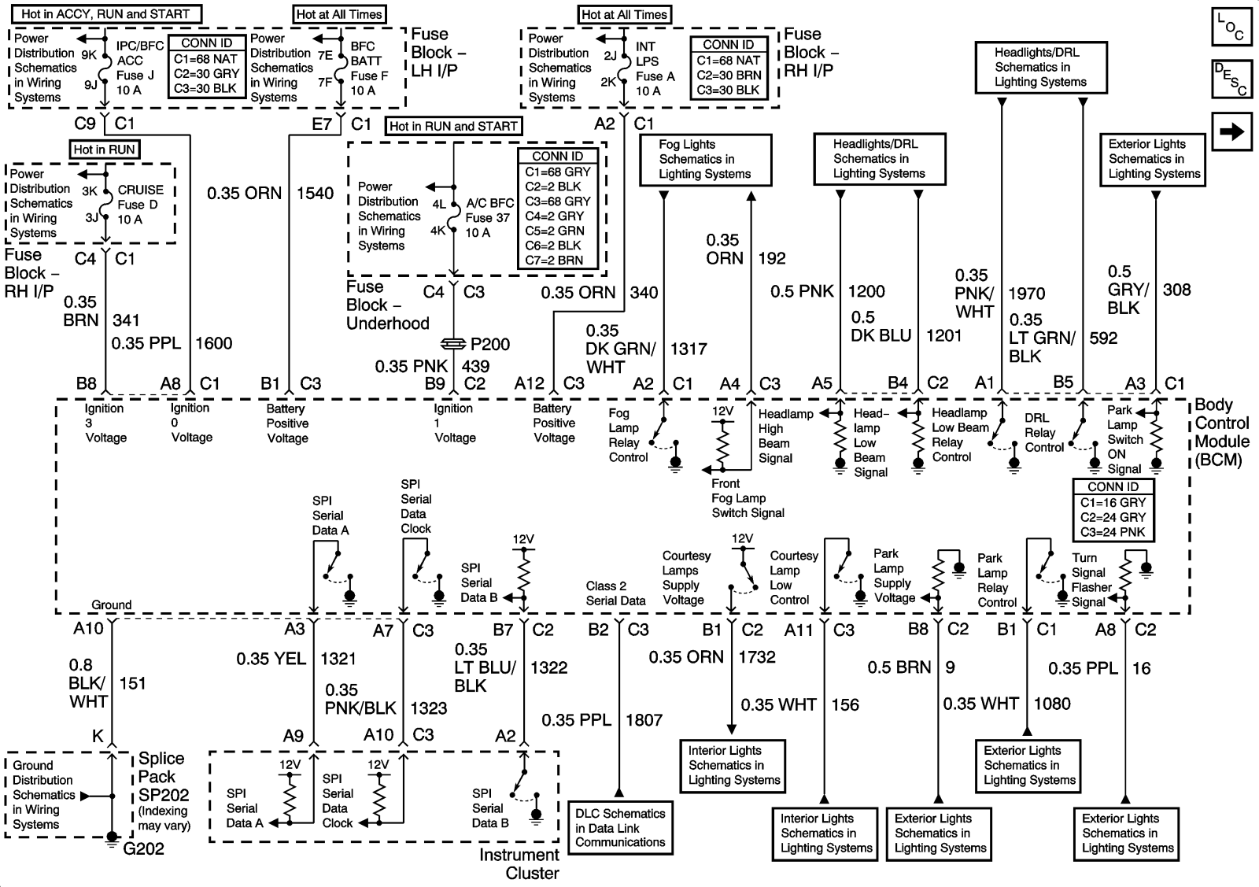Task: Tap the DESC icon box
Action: point(1231,79)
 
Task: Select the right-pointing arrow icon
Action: point(1231,131)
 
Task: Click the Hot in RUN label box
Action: point(104,150)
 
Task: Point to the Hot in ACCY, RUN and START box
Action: point(105,13)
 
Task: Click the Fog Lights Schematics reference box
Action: point(704,160)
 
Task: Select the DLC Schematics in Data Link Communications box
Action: point(620,828)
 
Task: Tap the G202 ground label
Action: point(144,848)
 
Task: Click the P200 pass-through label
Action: point(489,344)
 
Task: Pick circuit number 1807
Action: point(644,719)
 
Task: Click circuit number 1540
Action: point(315,193)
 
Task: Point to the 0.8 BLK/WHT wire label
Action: point(87,683)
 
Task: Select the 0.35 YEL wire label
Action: point(271,659)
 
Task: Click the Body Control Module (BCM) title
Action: point(1221,432)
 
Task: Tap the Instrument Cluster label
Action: point(520,863)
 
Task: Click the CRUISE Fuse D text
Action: point(140,205)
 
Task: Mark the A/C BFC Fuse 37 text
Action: point(489,217)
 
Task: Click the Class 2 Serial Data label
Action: point(615,593)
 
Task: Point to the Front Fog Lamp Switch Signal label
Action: point(748,498)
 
